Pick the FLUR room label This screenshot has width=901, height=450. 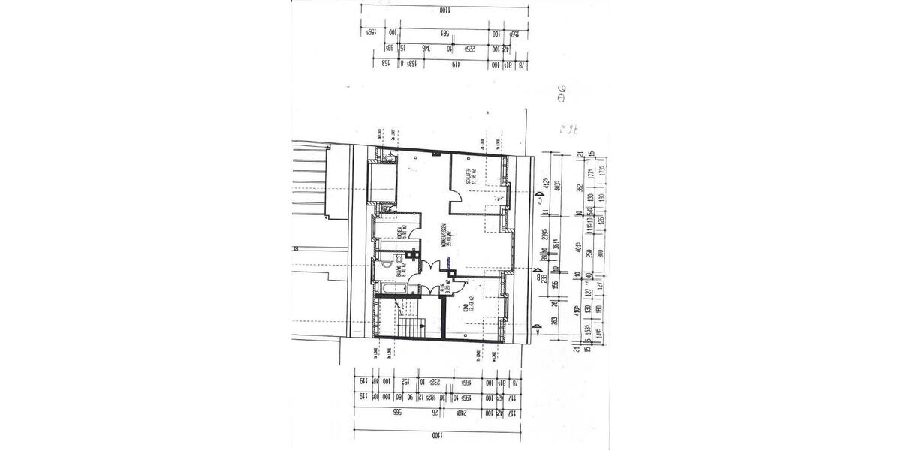(444, 286)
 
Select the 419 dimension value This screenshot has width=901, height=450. (456, 64)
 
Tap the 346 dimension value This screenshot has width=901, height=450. (426, 49)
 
